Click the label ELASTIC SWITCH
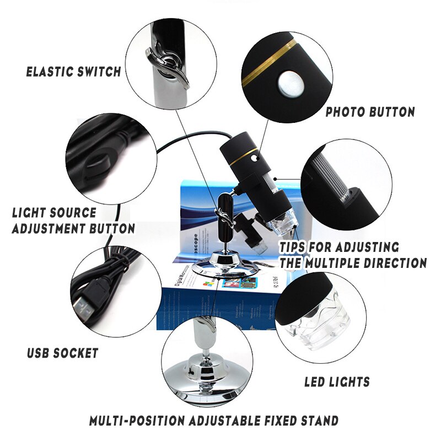pyautogui.click(x=73, y=72)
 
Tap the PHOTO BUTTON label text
pyautogui.click(x=370, y=112)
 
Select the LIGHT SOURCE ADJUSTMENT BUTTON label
pyautogui.click(x=73, y=220)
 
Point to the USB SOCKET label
pyautogui.click(x=62, y=353)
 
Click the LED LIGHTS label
pyautogui.click(x=337, y=381)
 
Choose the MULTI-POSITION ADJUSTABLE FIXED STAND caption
pyautogui.click(x=214, y=421)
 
